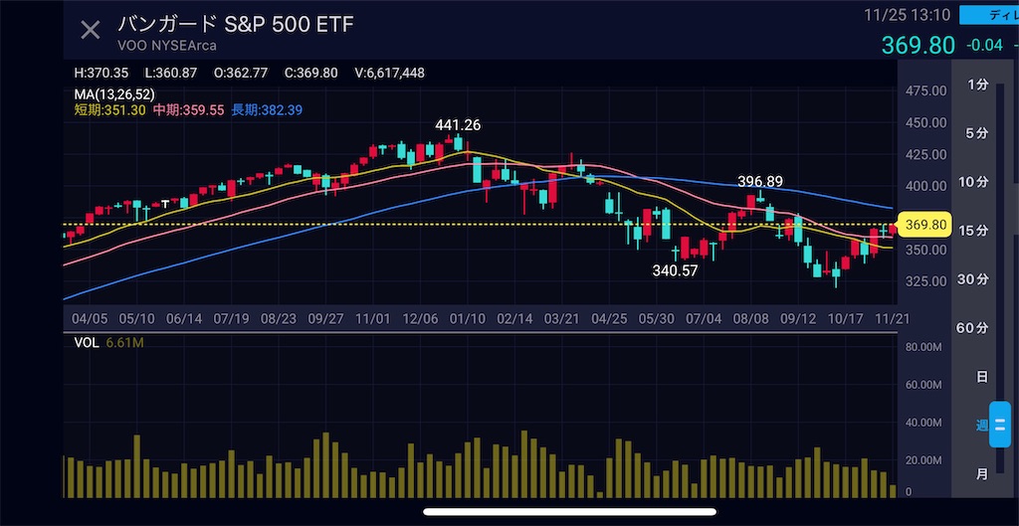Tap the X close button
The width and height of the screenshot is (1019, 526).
click(x=91, y=29)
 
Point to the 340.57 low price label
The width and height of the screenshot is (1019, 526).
click(x=676, y=270)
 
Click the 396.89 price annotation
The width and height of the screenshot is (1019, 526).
click(x=760, y=181)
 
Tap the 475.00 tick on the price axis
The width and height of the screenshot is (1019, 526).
click(x=926, y=90)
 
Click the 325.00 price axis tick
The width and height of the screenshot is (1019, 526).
click(x=926, y=281)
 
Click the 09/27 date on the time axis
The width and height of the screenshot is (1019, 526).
click(x=325, y=319)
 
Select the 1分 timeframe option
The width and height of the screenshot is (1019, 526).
click(x=977, y=85)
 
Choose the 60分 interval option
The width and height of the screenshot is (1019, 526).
click(x=972, y=327)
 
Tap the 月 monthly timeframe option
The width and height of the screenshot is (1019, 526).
click(x=982, y=474)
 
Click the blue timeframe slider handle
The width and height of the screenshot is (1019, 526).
click(x=1000, y=424)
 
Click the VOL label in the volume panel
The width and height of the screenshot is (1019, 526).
click(x=87, y=343)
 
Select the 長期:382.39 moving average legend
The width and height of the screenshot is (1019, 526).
click(x=267, y=110)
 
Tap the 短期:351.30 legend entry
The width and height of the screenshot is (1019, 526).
click(x=109, y=110)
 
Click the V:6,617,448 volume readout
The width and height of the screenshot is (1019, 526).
click(x=390, y=73)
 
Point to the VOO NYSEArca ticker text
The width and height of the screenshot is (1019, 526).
click(x=167, y=46)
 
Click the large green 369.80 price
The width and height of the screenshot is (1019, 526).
click(x=918, y=46)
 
